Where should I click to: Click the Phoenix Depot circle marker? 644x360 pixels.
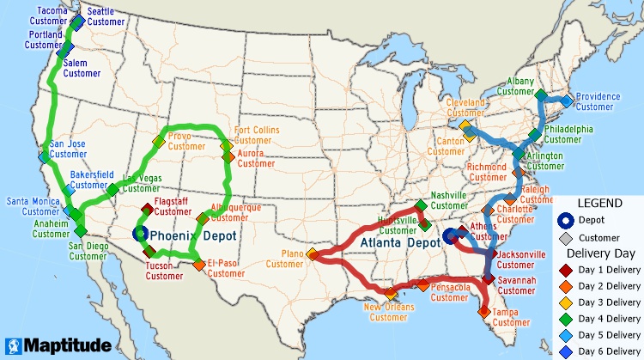click(x=141, y=233)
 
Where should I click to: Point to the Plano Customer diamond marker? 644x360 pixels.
click(x=313, y=254)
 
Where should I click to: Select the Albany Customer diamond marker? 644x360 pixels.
click(x=541, y=93)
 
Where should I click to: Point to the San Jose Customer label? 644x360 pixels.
click(x=69, y=149)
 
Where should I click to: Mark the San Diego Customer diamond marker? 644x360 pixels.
click(x=81, y=231)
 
